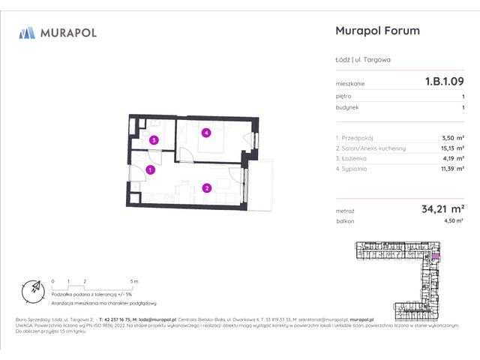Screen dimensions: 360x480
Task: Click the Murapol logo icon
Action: coord(28,32)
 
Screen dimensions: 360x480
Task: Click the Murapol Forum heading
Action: coord(375,31)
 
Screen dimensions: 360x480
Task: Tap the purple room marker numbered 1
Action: coord(151,170)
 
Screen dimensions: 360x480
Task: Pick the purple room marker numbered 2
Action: coord(207,188)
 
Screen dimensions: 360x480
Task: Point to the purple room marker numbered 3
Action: coord(153,140)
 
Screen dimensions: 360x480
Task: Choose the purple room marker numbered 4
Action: coord(205,133)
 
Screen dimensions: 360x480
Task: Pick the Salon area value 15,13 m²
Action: coord(451,148)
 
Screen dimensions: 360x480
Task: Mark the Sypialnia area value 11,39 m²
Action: coord(451,169)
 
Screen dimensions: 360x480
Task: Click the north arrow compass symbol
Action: coord(34,288)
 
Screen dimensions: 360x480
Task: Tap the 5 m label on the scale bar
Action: coord(134,280)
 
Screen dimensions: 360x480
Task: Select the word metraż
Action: coord(345,212)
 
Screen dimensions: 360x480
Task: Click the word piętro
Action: coord(343,96)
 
